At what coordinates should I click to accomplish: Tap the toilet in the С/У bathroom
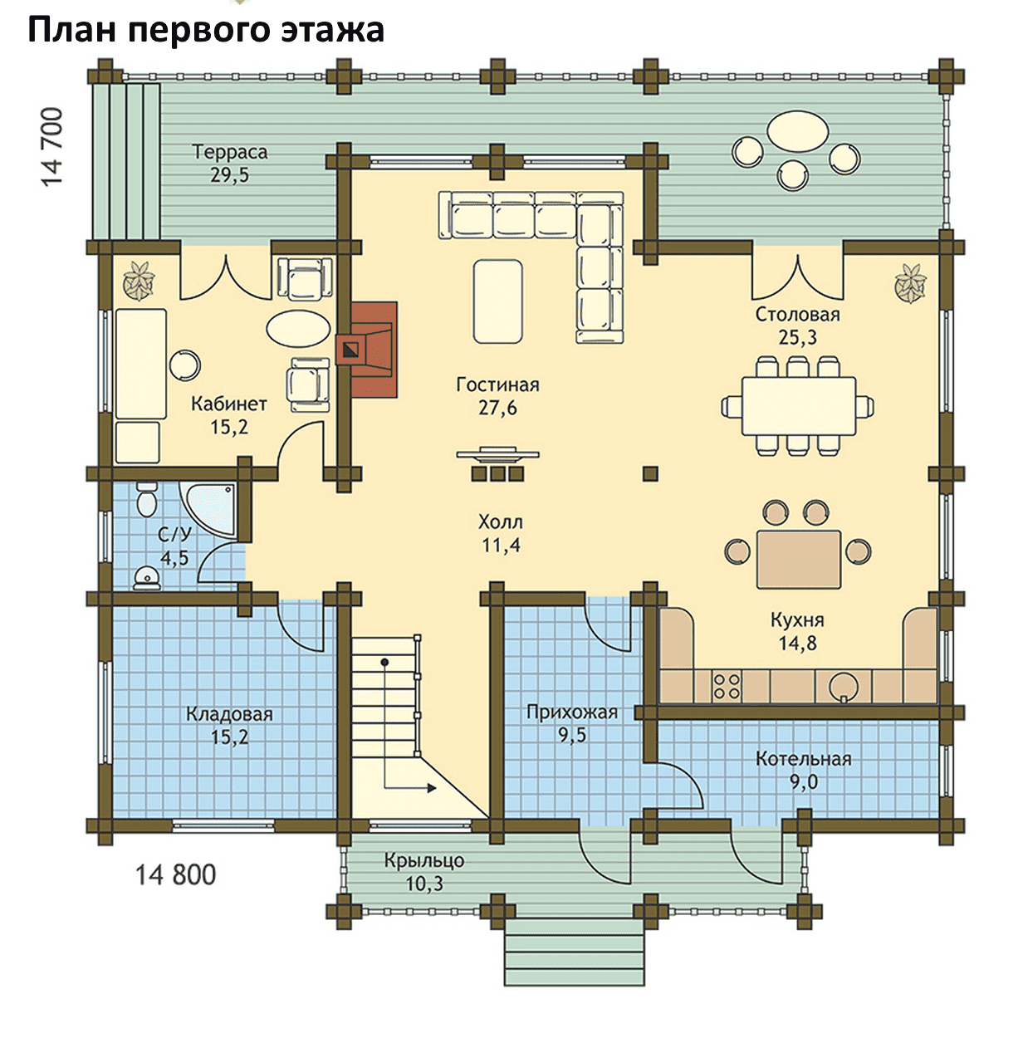[146, 499]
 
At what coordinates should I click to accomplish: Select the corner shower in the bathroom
[208, 508]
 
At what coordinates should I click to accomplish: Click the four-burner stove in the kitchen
[726, 686]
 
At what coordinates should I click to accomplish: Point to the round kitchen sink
[843, 686]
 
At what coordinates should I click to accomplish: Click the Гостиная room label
[497, 384]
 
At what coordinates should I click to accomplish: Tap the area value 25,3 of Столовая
[797, 337]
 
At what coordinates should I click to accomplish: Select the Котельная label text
[803, 759]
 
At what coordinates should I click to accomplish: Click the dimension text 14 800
[175, 875]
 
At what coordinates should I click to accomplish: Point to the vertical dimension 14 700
[52, 147]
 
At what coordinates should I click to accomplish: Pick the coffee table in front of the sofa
[497, 301]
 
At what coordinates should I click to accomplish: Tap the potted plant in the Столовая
[911, 283]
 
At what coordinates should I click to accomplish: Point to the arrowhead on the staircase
[431, 788]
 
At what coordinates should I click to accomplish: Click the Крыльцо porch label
[424, 860]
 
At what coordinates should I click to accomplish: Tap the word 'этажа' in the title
[333, 30]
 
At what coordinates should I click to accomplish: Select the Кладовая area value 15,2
[229, 737]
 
